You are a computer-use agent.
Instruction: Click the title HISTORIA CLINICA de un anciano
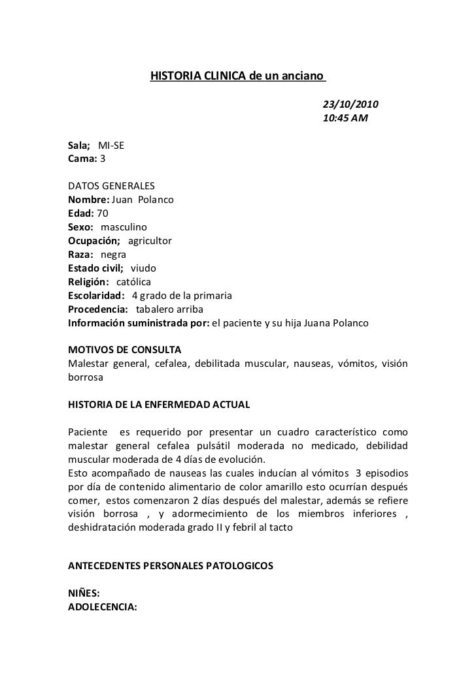(237, 76)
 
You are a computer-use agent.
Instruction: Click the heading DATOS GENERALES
(111, 185)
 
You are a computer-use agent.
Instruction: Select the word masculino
(124, 227)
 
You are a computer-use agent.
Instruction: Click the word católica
(133, 281)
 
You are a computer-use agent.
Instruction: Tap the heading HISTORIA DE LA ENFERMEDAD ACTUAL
(159, 405)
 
